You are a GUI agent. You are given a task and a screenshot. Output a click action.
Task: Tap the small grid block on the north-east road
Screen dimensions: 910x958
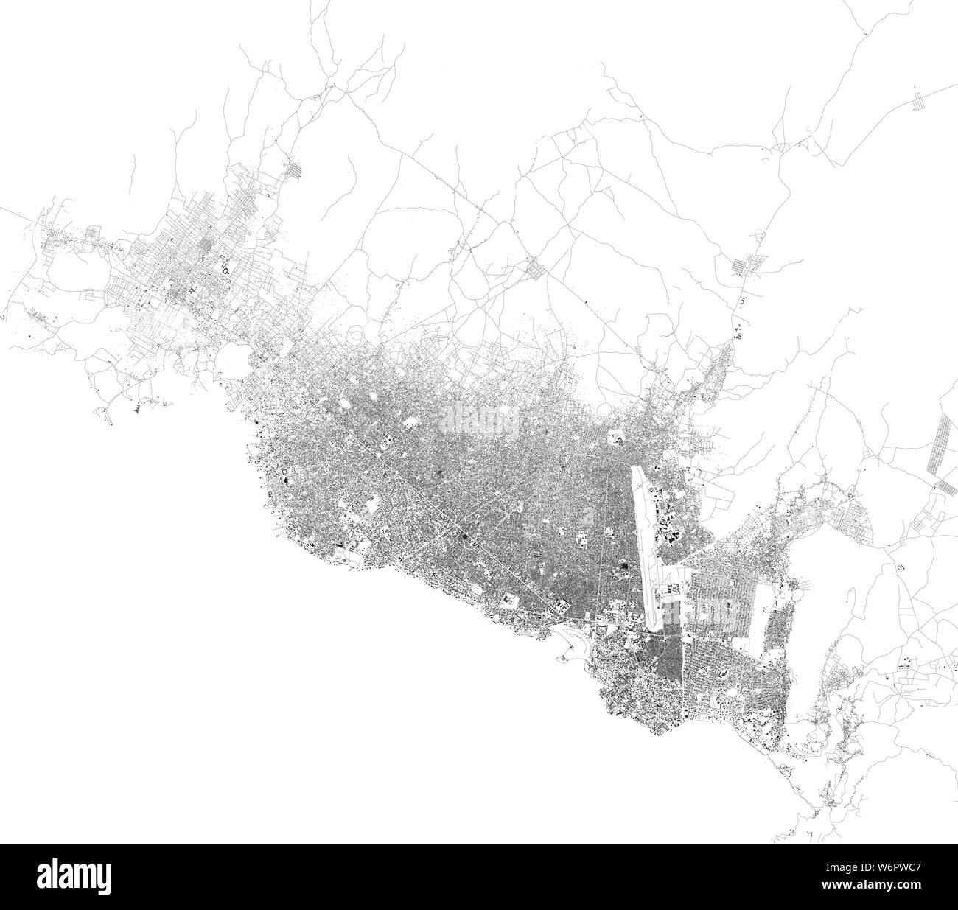pyautogui.click(x=744, y=265)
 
